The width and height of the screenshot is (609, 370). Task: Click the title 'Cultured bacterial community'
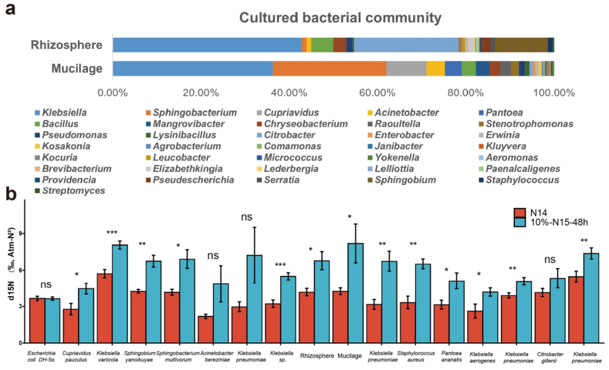(340, 18)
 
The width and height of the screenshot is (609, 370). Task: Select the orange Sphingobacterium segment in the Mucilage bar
(329, 68)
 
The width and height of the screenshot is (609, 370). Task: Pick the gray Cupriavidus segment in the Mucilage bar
(406, 68)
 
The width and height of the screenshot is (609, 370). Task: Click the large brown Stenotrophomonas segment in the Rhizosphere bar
(521, 45)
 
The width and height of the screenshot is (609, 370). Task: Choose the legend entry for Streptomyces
(69, 191)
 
